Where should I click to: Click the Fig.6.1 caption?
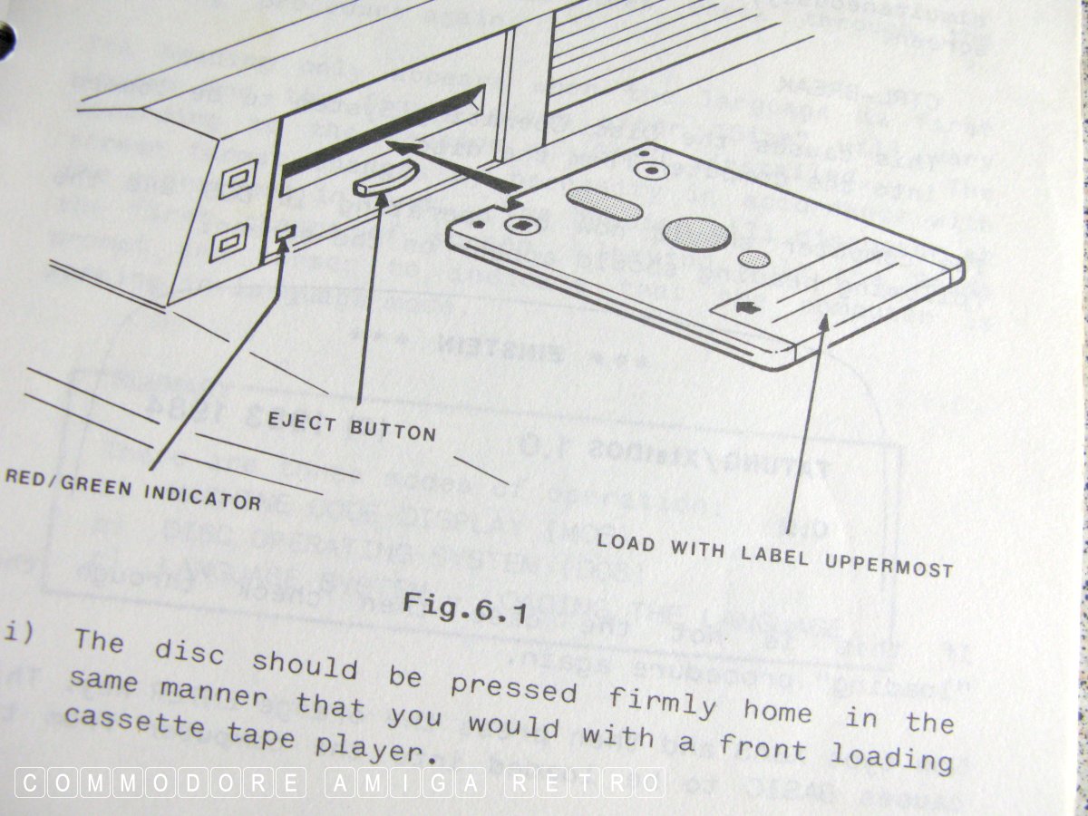point(464,606)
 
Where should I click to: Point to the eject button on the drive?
point(385,176)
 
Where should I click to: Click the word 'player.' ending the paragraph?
point(366,748)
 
